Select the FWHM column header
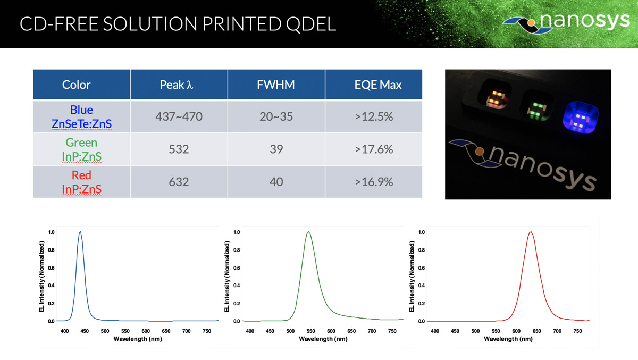point(276,85)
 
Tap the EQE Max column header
point(377,85)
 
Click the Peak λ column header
point(177,85)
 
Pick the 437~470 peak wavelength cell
point(179,116)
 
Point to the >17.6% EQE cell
point(374,149)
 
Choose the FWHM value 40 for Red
point(276,182)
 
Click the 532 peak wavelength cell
point(179,149)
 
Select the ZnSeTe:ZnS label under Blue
point(82,124)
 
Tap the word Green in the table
point(81,143)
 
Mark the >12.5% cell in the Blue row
point(374,116)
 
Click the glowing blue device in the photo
point(581,117)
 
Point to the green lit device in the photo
point(537,110)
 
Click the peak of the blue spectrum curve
point(81,231)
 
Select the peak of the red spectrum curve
point(531,232)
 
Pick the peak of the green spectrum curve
point(308,232)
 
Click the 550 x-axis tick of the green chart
point(310,331)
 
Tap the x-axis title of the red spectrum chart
point(508,339)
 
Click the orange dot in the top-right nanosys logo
point(531,23)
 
